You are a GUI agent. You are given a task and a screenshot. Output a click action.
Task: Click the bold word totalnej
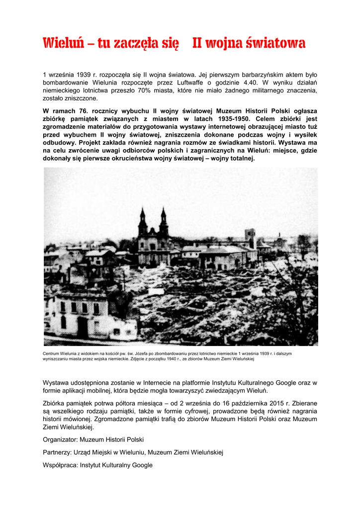click(x=239, y=159)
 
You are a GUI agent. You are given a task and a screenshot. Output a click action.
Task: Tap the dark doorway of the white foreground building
click(x=83, y=327)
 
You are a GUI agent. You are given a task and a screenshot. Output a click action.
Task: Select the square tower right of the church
click(x=250, y=239)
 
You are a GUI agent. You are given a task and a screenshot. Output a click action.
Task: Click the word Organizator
click(x=60, y=439)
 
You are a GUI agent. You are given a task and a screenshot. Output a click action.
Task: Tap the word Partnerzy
click(x=57, y=452)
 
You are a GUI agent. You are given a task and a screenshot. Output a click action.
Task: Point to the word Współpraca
click(x=60, y=465)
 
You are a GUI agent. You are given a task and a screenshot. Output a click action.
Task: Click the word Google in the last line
click(x=142, y=465)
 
